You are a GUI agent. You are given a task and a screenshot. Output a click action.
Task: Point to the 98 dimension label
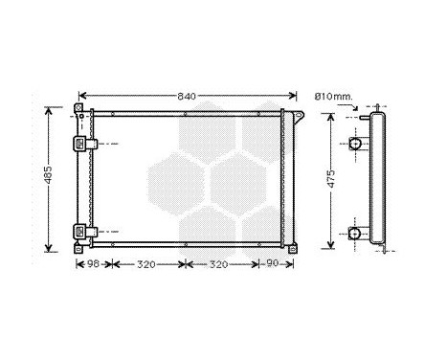pos(94,263)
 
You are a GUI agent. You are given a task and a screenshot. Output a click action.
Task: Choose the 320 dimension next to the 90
pos(221,263)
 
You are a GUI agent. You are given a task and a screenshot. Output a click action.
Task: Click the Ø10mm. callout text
pos(333,96)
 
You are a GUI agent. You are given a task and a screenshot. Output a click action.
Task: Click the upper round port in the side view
pos(355,144)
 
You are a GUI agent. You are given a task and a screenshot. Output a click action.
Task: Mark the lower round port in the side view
pos(355,233)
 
